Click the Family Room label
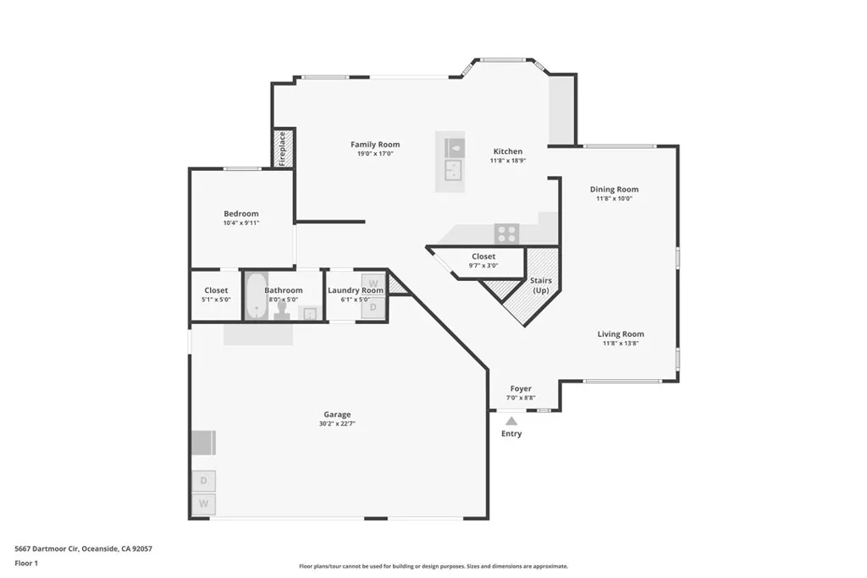375,145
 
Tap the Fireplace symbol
283,148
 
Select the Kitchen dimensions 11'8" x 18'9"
508,161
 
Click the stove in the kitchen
506,234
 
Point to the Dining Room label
614,190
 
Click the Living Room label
621,334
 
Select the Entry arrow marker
511,421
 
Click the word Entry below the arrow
511,434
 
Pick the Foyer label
521,388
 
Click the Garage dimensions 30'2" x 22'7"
337,424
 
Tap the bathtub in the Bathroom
257,297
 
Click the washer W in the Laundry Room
373,283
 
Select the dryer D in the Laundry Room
373,309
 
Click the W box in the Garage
203,504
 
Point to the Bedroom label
241,214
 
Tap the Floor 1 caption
26,563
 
